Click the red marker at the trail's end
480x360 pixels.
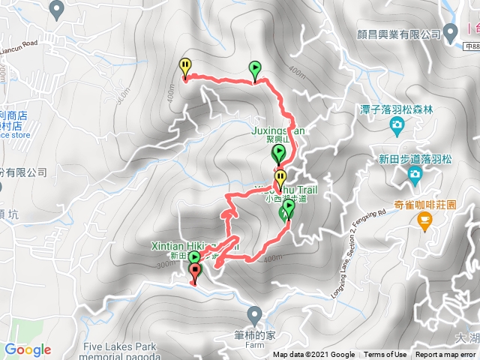click(196, 274)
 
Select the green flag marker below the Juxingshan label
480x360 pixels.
click(279, 155)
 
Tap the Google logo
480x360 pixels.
click(28, 349)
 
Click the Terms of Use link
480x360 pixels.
click(385, 355)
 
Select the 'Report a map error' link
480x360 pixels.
click(445, 355)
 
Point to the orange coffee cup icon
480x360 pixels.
click(425, 220)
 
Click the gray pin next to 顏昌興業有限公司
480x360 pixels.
click(451, 33)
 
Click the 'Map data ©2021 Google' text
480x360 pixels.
click(313, 355)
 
